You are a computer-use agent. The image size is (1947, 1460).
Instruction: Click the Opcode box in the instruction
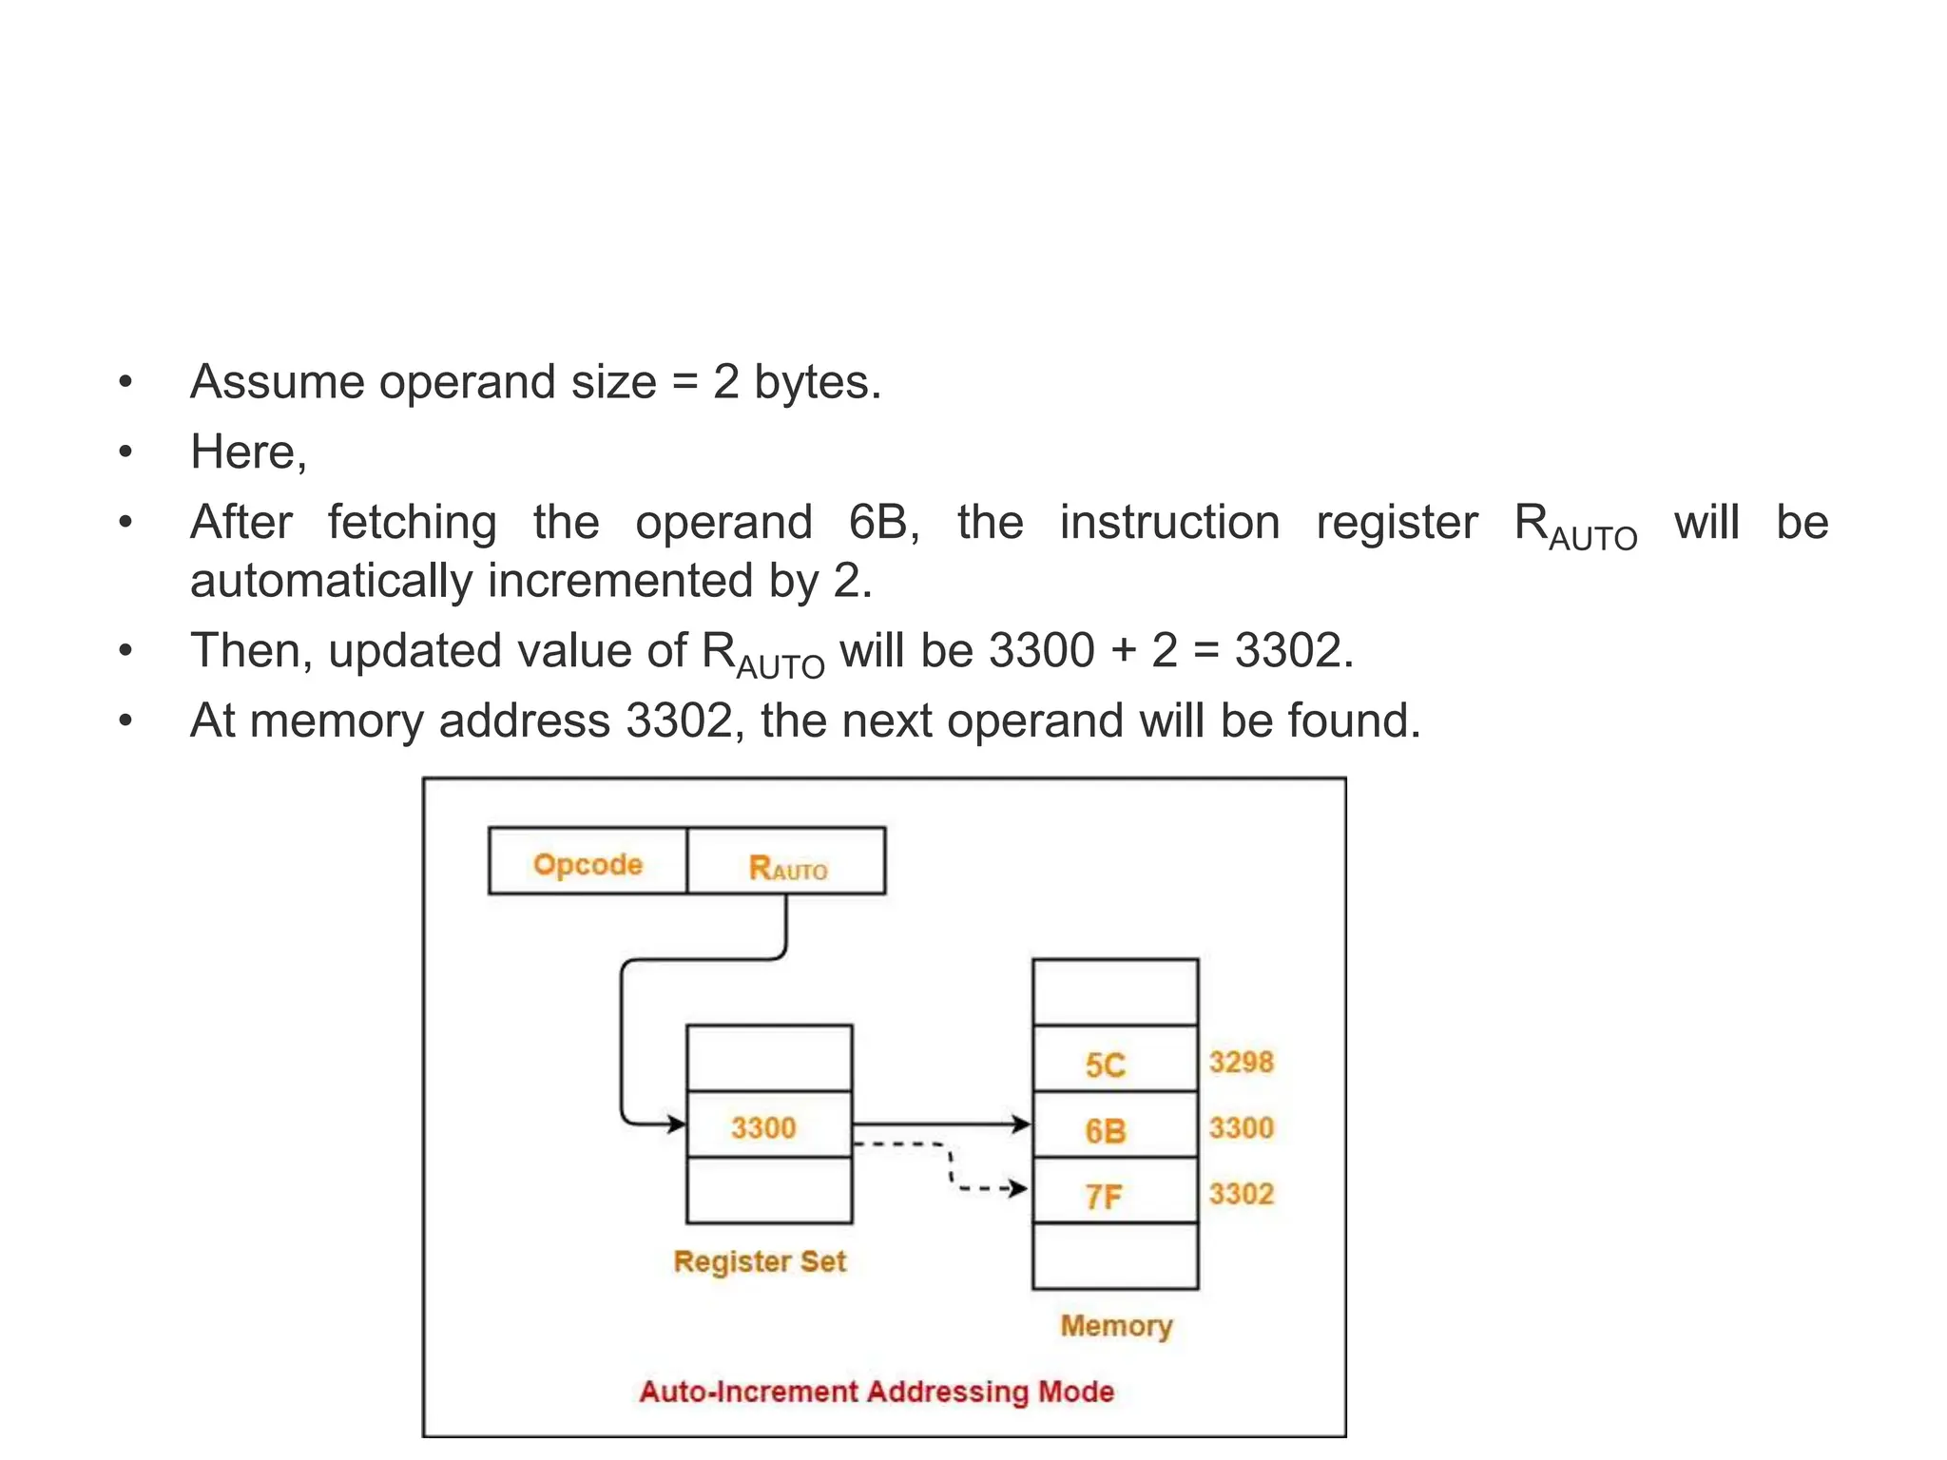[x=588, y=862]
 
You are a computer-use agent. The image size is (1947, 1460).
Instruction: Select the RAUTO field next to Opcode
[x=787, y=864]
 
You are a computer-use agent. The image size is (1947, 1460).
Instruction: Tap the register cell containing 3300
[x=768, y=1125]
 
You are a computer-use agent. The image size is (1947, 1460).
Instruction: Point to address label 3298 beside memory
[x=1241, y=1061]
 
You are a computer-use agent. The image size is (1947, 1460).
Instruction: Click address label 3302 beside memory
[x=1241, y=1193]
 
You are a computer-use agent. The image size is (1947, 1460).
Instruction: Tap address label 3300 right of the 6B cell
[x=1241, y=1127]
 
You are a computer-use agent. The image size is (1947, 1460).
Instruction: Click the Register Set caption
[x=759, y=1261]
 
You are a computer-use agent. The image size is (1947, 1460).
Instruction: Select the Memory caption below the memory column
[x=1116, y=1325]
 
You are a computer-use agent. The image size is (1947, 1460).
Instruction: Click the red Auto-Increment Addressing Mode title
[x=876, y=1392]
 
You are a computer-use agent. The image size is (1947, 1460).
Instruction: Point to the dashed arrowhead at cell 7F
[x=1019, y=1188]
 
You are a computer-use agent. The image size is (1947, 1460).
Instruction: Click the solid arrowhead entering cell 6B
[x=1022, y=1124]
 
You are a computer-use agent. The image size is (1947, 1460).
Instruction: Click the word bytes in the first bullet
[x=816, y=382]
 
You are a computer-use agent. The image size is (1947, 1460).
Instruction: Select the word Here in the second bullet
[x=243, y=451]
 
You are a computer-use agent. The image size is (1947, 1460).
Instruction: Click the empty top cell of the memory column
[x=1114, y=992]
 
